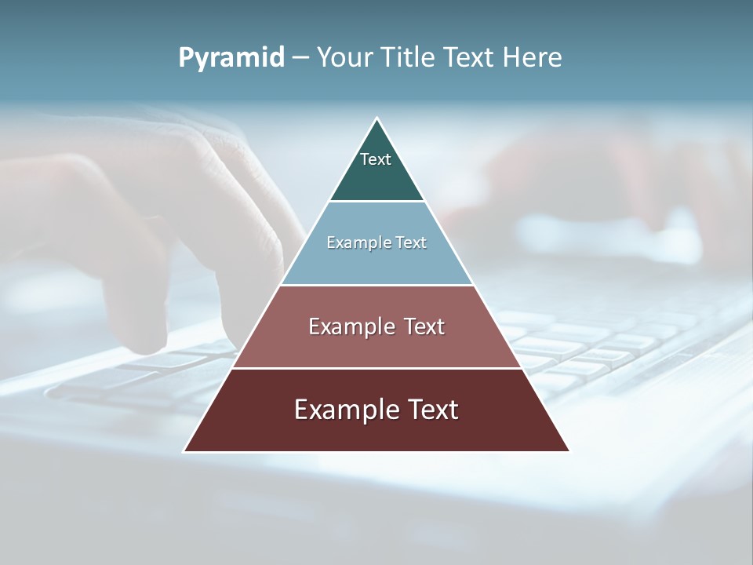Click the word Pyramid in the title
[x=231, y=58]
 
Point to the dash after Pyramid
[x=300, y=58]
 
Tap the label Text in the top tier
[x=376, y=159]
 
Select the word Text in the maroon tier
[x=432, y=410]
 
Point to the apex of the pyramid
[x=376, y=118]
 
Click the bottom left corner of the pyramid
[x=184, y=451]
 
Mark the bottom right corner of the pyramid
[x=569, y=451]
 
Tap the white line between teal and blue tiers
[x=376, y=202]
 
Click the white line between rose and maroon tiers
[x=376, y=368]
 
